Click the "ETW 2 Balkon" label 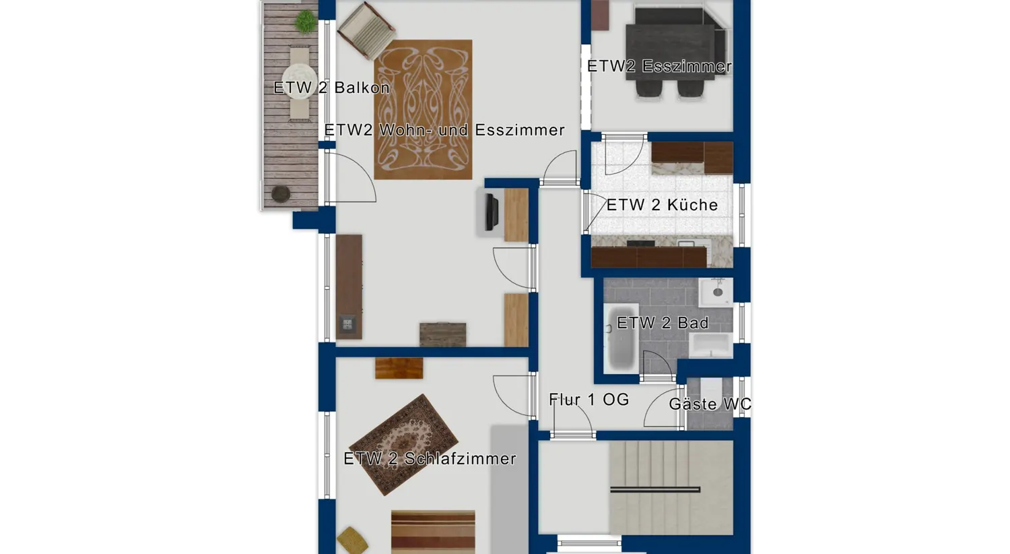click(x=331, y=88)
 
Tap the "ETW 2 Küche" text click(x=662, y=205)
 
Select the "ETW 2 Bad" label click(x=663, y=323)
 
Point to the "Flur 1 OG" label click(x=589, y=400)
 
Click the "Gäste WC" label click(x=710, y=404)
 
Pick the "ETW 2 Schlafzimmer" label click(x=430, y=459)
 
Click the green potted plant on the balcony click(x=306, y=22)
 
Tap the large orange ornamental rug click(x=423, y=110)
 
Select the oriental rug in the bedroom click(x=403, y=445)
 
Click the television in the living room click(x=492, y=212)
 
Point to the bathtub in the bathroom click(x=621, y=338)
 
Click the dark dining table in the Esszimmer click(x=670, y=52)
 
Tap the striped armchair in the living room click(x=366, y=31)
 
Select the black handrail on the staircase click(x=655, y=489)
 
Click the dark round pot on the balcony click(x=281, y=194)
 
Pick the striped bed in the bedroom click(x=433, y=532)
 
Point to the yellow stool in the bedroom click(x=351, y=540)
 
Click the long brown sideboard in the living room click(x=349, y=287)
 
